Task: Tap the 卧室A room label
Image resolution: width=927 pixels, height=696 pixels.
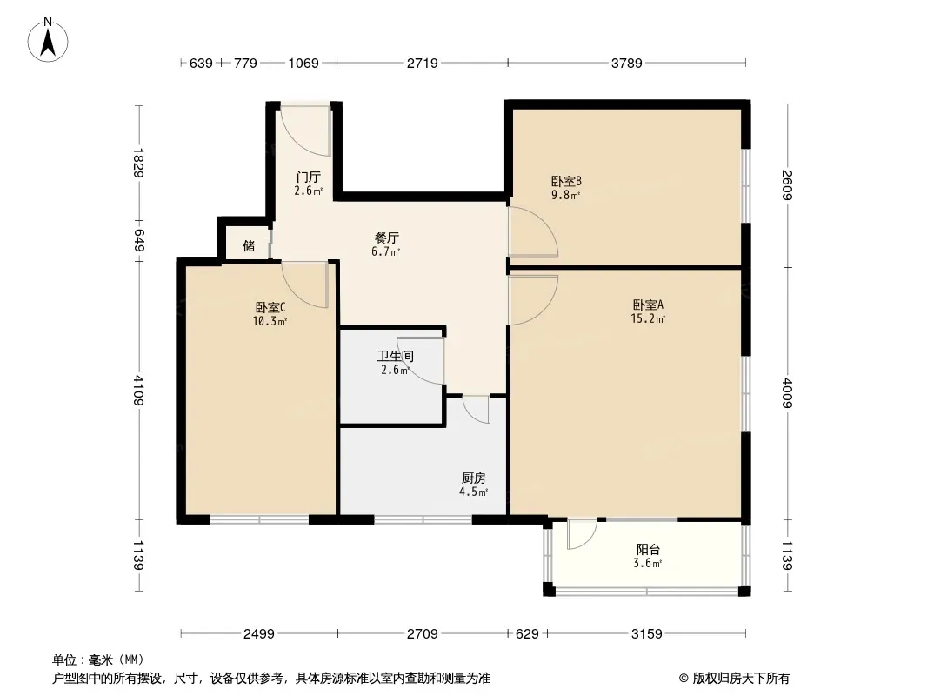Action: click(648, 305)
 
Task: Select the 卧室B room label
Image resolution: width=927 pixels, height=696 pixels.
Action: click(565, 182)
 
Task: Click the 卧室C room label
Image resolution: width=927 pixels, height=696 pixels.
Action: click(270, 307)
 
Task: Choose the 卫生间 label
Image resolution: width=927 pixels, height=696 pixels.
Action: click(394, 356)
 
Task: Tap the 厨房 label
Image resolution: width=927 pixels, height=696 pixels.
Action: click(473, 478)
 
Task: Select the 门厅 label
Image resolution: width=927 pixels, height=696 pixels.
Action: click(308, 177)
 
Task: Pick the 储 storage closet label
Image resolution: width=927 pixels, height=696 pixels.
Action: click(249, 245)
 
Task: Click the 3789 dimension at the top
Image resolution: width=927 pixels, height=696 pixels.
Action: click(626, 63)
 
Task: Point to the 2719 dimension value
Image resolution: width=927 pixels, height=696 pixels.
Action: click(422, 63)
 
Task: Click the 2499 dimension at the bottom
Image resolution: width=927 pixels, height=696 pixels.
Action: click(259, 634)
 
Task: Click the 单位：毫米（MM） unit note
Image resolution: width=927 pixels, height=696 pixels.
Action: click(98, 659)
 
